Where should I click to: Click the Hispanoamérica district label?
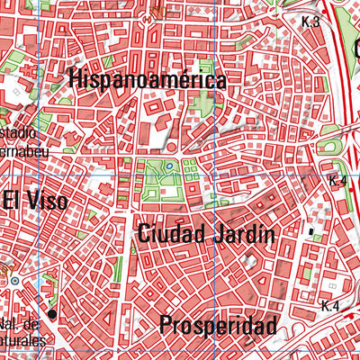click(147, 80)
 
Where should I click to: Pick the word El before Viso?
click(11, 201)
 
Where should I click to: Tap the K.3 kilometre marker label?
click(311, 22)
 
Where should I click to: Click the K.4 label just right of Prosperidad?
click(329, 307)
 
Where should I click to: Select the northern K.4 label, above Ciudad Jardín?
click(337, 182)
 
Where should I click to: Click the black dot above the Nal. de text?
click(52, 314)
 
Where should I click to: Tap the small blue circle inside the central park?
click(167, 166)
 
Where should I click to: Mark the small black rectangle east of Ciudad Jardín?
click(312, 232)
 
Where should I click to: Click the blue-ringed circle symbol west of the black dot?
click(14, 282)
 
